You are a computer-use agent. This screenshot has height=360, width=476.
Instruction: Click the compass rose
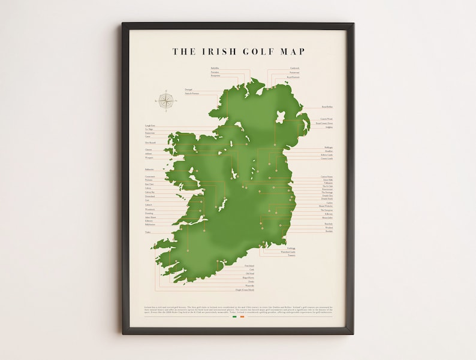(167, 100)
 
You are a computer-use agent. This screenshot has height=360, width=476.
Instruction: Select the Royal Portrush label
(293, 77)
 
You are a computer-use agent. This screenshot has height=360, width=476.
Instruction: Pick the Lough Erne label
(149, 126)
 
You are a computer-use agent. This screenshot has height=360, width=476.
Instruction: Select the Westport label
(149, 158)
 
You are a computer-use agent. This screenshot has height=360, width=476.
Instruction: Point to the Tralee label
(147, 232)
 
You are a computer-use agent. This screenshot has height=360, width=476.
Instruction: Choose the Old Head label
(250, 274)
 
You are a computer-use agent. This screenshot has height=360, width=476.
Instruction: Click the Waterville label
(249, 286)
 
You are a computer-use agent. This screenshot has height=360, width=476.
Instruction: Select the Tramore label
(291, 256)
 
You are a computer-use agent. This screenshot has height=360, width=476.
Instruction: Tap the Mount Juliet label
(327, 217)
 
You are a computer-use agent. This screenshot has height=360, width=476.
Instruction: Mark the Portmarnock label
(327, 189)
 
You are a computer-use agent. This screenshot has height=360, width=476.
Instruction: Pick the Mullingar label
(329, 147)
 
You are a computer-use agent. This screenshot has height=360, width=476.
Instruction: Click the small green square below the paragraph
(234, 317)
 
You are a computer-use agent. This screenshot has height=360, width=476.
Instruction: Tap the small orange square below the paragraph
(242, 317)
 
